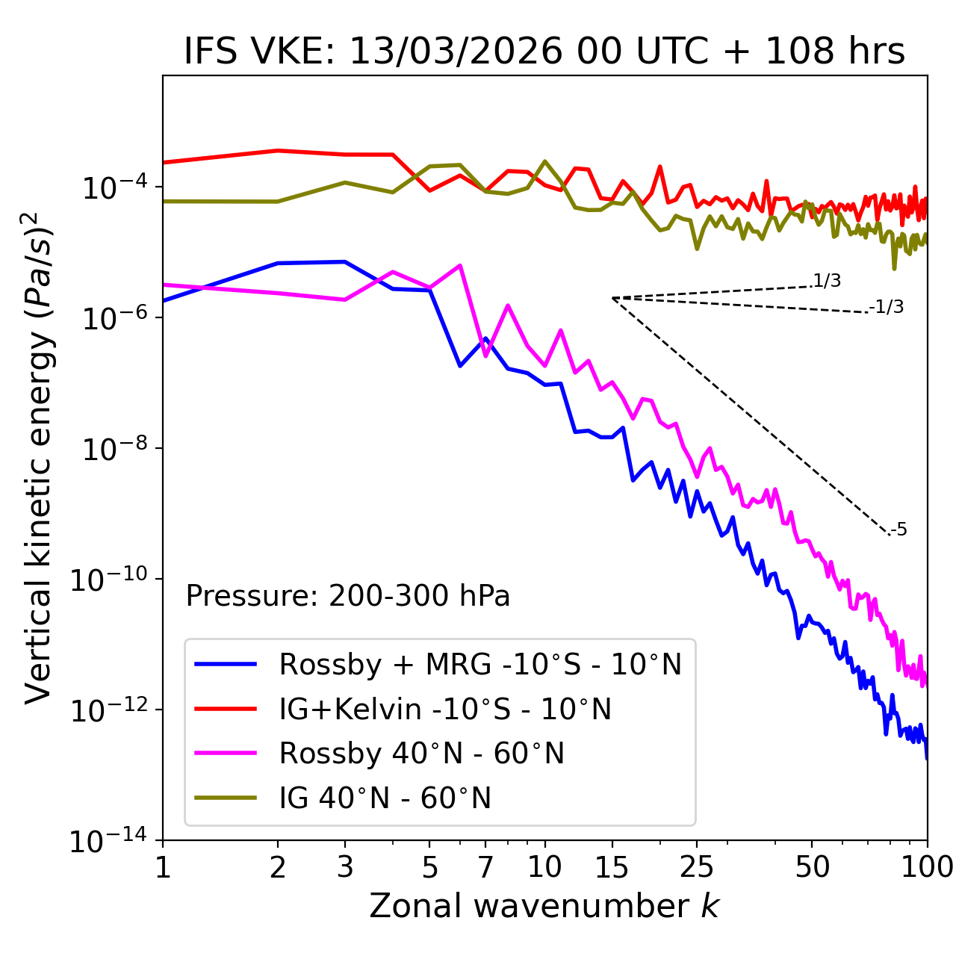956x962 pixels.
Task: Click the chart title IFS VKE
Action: click(544, 52)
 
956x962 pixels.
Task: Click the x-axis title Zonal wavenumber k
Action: click(544, 906)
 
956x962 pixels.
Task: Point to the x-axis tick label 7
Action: click(485, 867)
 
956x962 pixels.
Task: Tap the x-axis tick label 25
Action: click(696, 867)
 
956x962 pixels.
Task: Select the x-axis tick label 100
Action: click(927, 867)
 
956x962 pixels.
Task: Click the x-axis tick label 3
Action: click(345, 867)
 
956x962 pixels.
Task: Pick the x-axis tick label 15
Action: click(612, 867)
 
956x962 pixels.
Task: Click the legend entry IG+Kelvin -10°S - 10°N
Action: click(445, 709)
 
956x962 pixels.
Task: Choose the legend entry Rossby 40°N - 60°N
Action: click(421, 754)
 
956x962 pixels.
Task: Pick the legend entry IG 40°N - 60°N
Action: click(385, 798)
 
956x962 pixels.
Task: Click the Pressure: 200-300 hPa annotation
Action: click(348, 596)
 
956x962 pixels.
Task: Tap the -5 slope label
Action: click(899, 530)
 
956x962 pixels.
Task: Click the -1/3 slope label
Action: click(888, 306)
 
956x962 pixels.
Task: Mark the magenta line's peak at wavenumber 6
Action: click(460, 265)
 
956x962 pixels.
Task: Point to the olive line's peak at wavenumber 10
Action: click(544, 161)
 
